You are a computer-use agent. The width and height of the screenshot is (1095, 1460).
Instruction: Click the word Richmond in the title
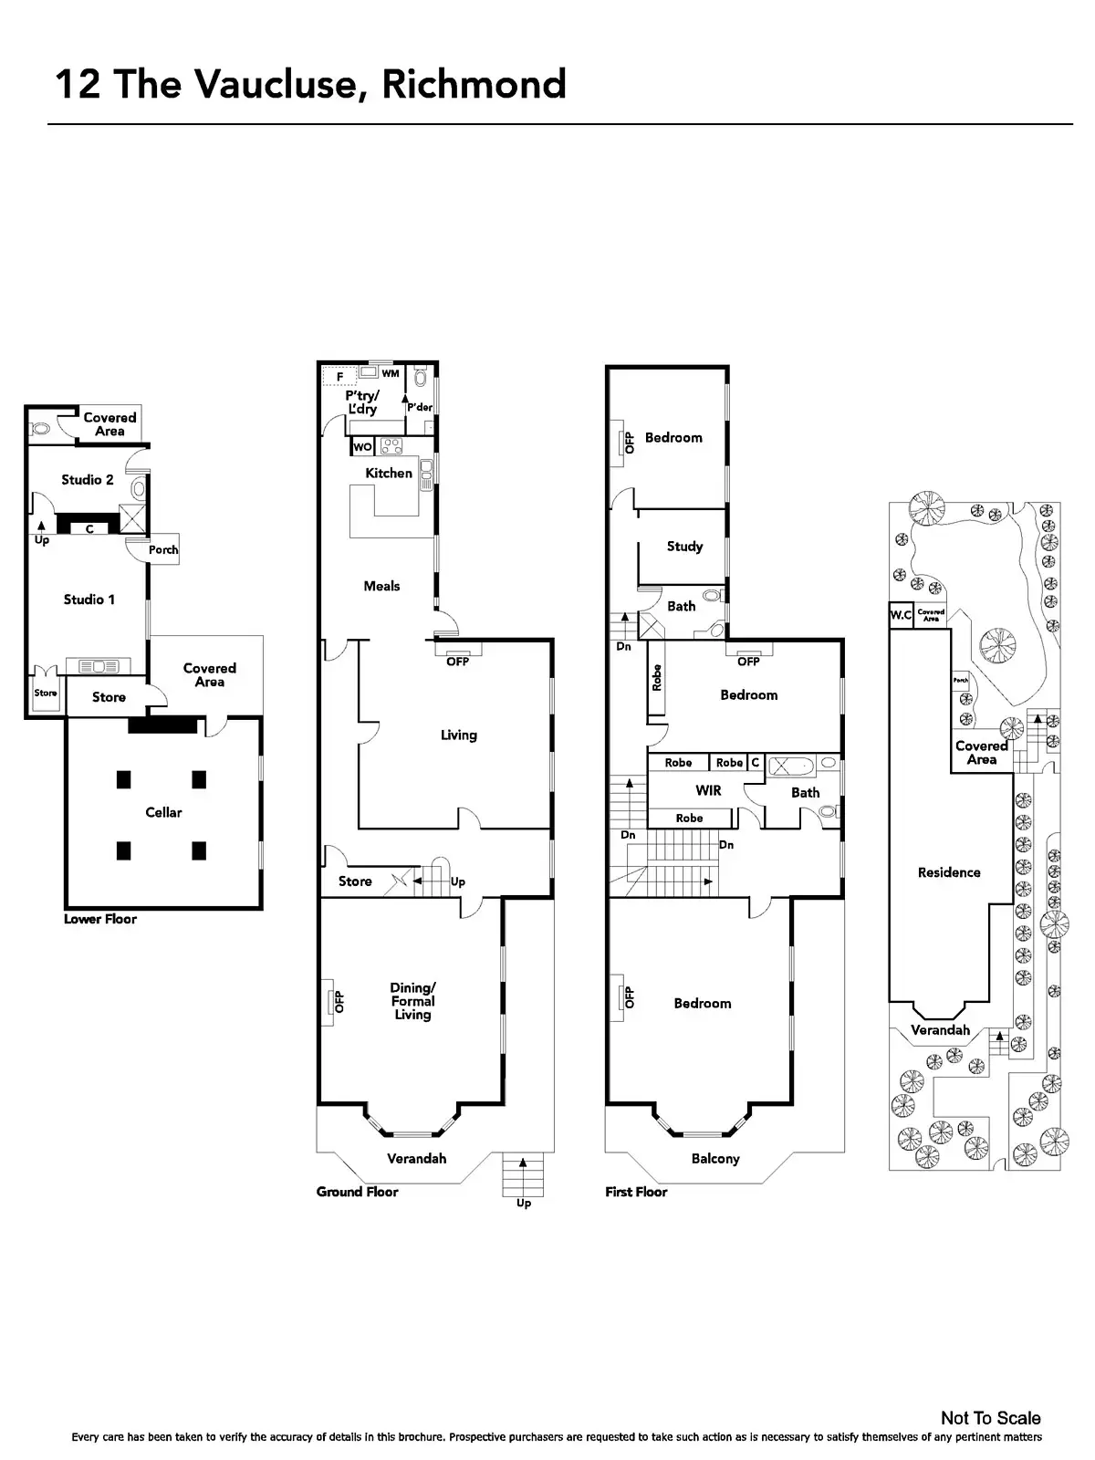[474, 84]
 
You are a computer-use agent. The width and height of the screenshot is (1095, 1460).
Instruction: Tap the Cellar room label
[163, 812]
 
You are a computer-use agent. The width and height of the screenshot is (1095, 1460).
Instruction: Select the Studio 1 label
[89, 600]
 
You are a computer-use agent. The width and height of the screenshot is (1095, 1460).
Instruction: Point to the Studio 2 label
[88, 479]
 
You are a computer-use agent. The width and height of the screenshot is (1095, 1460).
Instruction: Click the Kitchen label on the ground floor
[389, 473]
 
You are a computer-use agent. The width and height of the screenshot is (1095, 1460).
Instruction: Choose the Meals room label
[381, 586]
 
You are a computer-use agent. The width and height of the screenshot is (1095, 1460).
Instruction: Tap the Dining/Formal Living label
[412, 1001]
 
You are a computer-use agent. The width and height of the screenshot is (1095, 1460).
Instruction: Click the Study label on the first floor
[684, 546]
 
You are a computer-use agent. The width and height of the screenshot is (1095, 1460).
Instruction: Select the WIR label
[708, 790]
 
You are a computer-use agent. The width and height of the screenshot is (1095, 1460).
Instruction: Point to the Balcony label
[714, 1158]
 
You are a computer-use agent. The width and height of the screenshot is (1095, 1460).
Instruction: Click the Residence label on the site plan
[949, 872]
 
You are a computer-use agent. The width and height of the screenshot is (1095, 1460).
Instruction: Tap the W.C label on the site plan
[901, 615]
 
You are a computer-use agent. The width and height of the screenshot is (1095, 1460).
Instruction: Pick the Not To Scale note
[990, 1418]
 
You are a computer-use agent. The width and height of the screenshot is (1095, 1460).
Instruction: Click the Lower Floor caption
[100, 919]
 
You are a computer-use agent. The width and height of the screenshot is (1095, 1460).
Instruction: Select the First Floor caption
[636, 1192]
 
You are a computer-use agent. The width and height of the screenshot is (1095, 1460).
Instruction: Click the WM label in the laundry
[391, 373]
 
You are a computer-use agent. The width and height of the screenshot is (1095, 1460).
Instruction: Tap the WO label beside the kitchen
[362, 447]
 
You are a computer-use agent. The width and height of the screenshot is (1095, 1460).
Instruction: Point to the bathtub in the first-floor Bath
[790, 766]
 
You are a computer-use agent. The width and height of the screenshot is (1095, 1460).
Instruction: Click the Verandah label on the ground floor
[417, 1158]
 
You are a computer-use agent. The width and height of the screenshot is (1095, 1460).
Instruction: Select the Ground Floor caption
[357, 1192]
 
